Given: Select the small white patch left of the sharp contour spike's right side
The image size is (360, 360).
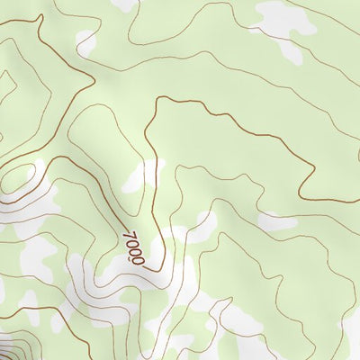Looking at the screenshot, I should coord(85,40).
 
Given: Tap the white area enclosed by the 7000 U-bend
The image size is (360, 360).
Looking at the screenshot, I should coord(153,247).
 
